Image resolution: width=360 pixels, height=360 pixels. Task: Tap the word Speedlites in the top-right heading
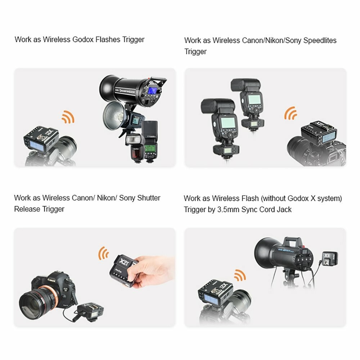320,40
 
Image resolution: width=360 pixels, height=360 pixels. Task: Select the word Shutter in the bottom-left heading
149,198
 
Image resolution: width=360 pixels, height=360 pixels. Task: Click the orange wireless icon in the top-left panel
68,117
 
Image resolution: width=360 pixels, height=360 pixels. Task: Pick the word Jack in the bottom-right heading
284,210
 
